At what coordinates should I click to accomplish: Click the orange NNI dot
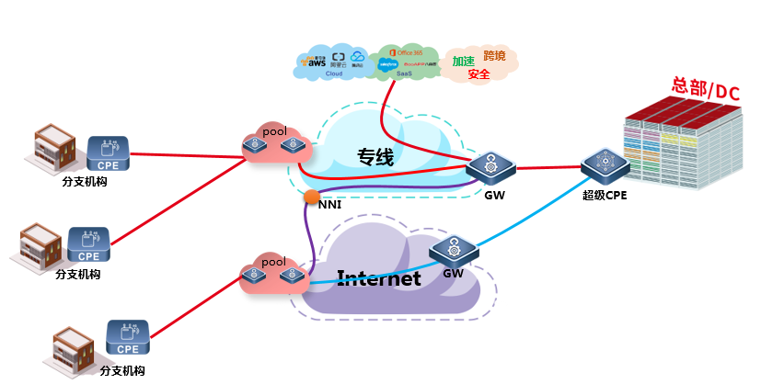[312, 196]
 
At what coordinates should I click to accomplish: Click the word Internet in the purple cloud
[379, 277]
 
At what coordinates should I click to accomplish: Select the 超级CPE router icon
[605, 165]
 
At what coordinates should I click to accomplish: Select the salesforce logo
[387, 65]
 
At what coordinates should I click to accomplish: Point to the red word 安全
[479, 74]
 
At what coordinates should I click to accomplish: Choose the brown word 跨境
[494, 57]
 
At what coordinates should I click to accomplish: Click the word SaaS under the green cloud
[404, 75]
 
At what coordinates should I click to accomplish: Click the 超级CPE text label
[604, 194]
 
